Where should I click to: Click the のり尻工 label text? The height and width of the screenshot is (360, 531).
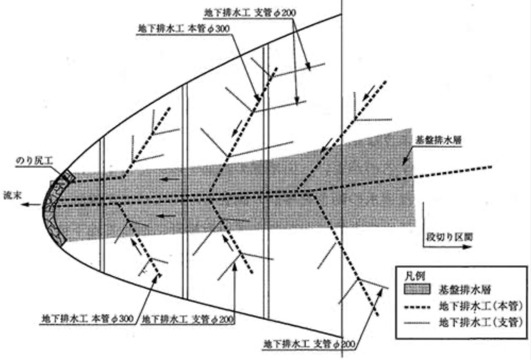coord(34,161)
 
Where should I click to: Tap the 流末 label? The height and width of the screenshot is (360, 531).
coord(12,195)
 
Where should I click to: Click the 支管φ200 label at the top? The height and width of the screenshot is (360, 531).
coord(250,13)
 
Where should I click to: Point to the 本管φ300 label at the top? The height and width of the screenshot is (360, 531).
coord(184,29)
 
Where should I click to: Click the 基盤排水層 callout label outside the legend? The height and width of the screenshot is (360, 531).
coord(438,140)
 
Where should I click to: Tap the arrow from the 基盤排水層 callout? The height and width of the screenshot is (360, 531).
coord(407,157)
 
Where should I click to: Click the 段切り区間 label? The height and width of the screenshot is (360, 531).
coord(449,237)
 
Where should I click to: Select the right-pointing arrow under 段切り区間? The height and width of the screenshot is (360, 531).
coord(447,247)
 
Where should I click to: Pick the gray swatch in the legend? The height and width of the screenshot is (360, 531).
coord(417,289)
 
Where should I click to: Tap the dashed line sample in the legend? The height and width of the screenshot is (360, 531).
coord(417,308)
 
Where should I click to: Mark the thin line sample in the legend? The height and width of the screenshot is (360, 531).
coord(417,323)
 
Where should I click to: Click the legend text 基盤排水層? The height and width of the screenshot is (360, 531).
coord(464,289)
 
